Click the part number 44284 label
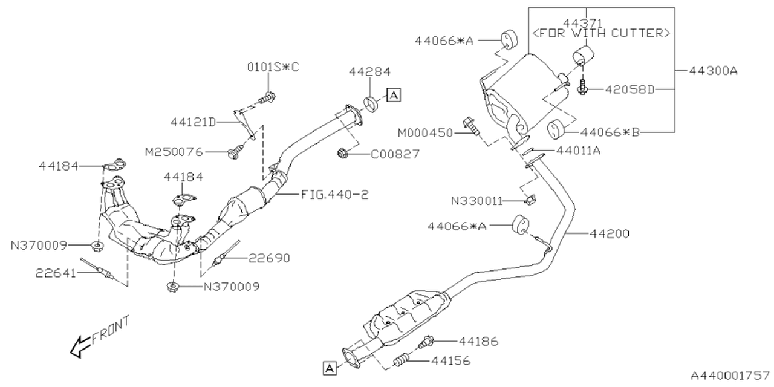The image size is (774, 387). tap(369, 71)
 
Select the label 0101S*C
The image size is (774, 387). tap(273, 67)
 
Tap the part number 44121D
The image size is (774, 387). tap(193, 122)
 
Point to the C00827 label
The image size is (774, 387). tap(395, 155)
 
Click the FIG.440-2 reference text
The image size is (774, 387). tap(334, 195)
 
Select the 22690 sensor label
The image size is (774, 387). tap(269, 258)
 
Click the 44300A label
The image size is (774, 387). tap(714, 71)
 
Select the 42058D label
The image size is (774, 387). tap(631, 89)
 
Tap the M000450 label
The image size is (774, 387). tap(425, 132)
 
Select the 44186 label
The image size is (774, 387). tap(478, 342)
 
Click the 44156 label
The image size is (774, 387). tap(450, 362)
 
